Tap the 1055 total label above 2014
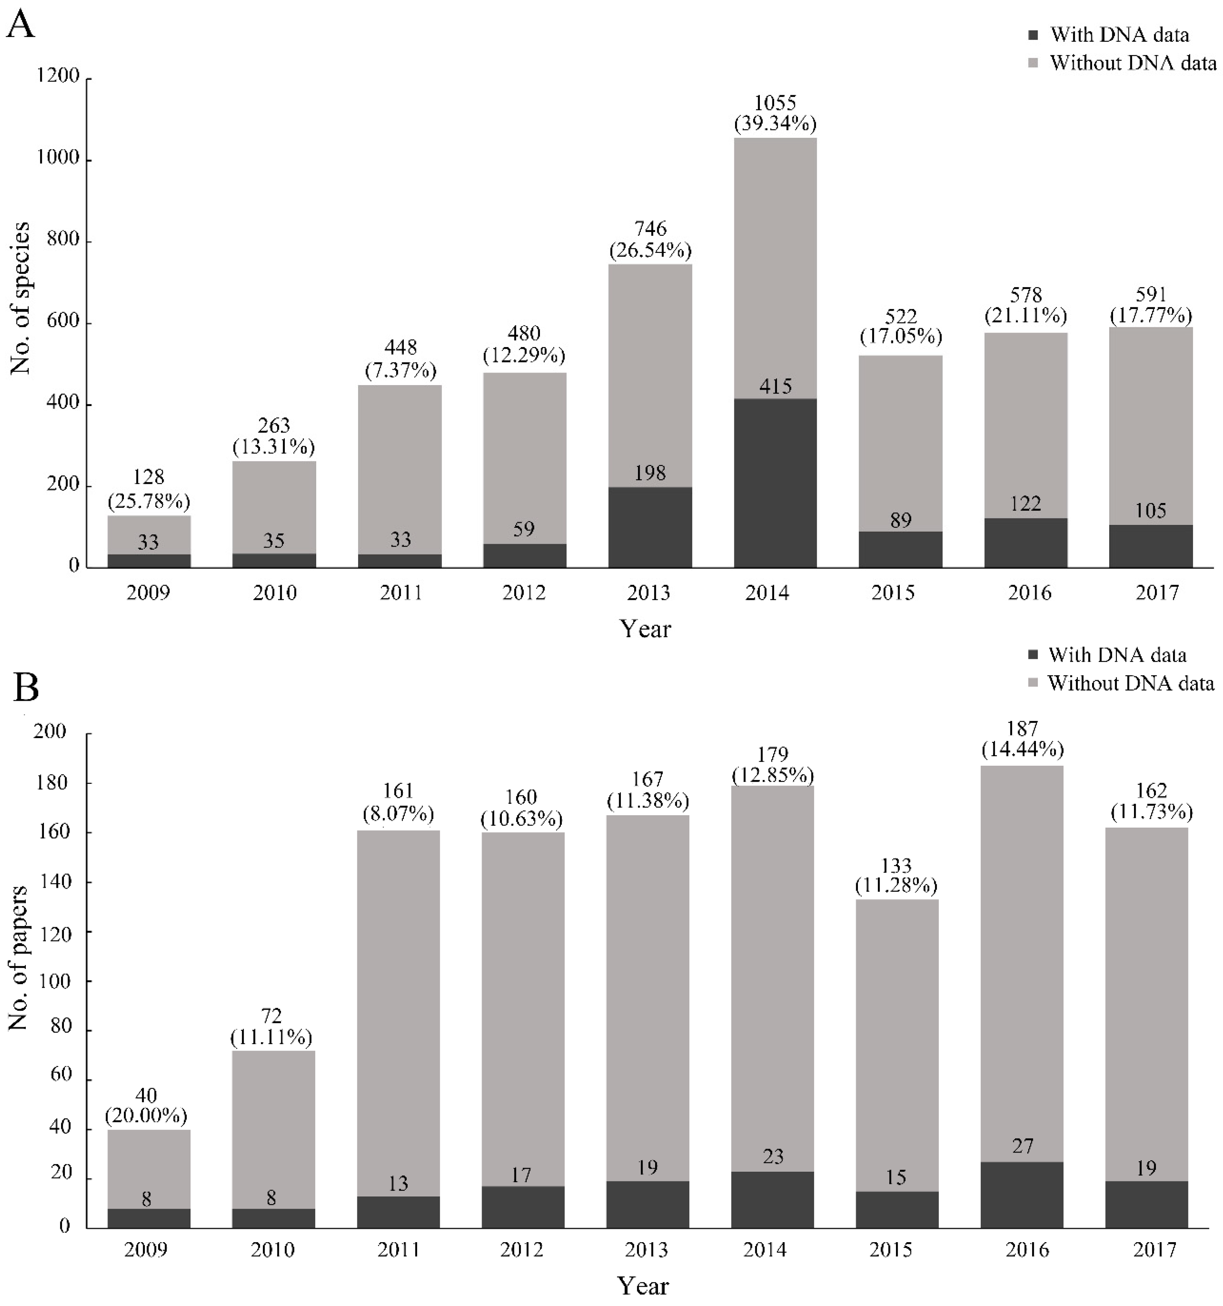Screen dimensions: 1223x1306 (x=776, y=103)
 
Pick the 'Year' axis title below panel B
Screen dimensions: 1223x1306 (x=643, y=1286)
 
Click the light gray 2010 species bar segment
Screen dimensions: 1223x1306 (x=274, y=507)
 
